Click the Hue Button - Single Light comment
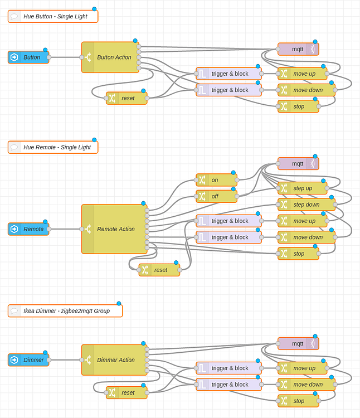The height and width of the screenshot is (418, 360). tap(53, 16)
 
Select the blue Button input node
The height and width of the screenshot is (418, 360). tap(29, 57)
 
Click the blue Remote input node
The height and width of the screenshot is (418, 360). tap(29, 229)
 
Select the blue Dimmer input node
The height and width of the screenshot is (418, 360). tap(29, 360)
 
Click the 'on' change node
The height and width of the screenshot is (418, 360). tap(216, 180)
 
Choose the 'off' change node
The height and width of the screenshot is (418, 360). tap(216, 196)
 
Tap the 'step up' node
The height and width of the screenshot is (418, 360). tap(303, 188)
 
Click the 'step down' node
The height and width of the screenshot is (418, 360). tap(306, 205)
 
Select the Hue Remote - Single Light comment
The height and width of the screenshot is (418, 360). tap(53, 147)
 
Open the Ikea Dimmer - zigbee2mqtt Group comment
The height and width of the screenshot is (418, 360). tap(65, 311)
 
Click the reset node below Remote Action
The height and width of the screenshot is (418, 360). tap(159, 270)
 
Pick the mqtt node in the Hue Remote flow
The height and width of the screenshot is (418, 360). tap(298, 163)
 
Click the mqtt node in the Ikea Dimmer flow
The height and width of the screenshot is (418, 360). tap(298, 343)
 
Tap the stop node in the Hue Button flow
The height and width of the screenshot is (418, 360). tap(299, 106)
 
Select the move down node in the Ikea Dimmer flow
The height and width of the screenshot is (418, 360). tap(307, 384)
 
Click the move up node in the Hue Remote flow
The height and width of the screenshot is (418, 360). tap(303, 221)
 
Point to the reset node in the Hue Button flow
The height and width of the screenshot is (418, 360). tap(127, 98)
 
